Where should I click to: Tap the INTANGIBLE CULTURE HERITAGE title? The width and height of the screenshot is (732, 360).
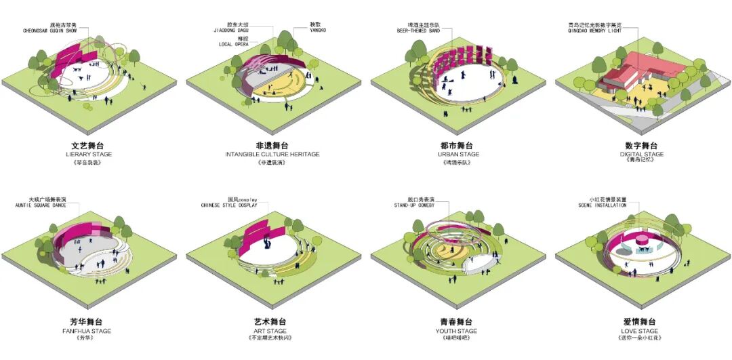[272, 155]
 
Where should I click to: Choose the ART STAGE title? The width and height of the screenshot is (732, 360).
[272, 331]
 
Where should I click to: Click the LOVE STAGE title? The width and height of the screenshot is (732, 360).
[640, 331]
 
